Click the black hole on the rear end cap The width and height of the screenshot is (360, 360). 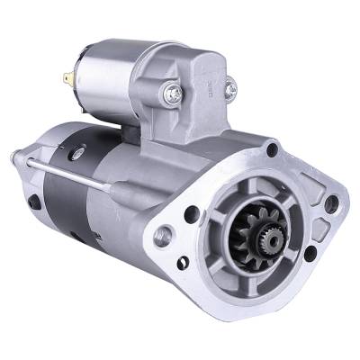pos(34,203)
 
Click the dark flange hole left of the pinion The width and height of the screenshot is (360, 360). pos(192,214)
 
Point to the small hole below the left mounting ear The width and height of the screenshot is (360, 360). pos(183,263)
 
